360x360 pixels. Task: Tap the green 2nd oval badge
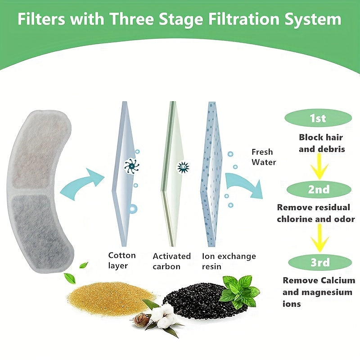coord(319,189)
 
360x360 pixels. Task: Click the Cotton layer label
coord(121,261)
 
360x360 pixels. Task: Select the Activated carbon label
coord(171,261)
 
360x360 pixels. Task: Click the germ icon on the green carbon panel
coord(184,167)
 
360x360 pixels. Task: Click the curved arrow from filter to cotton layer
coord(81,182)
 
